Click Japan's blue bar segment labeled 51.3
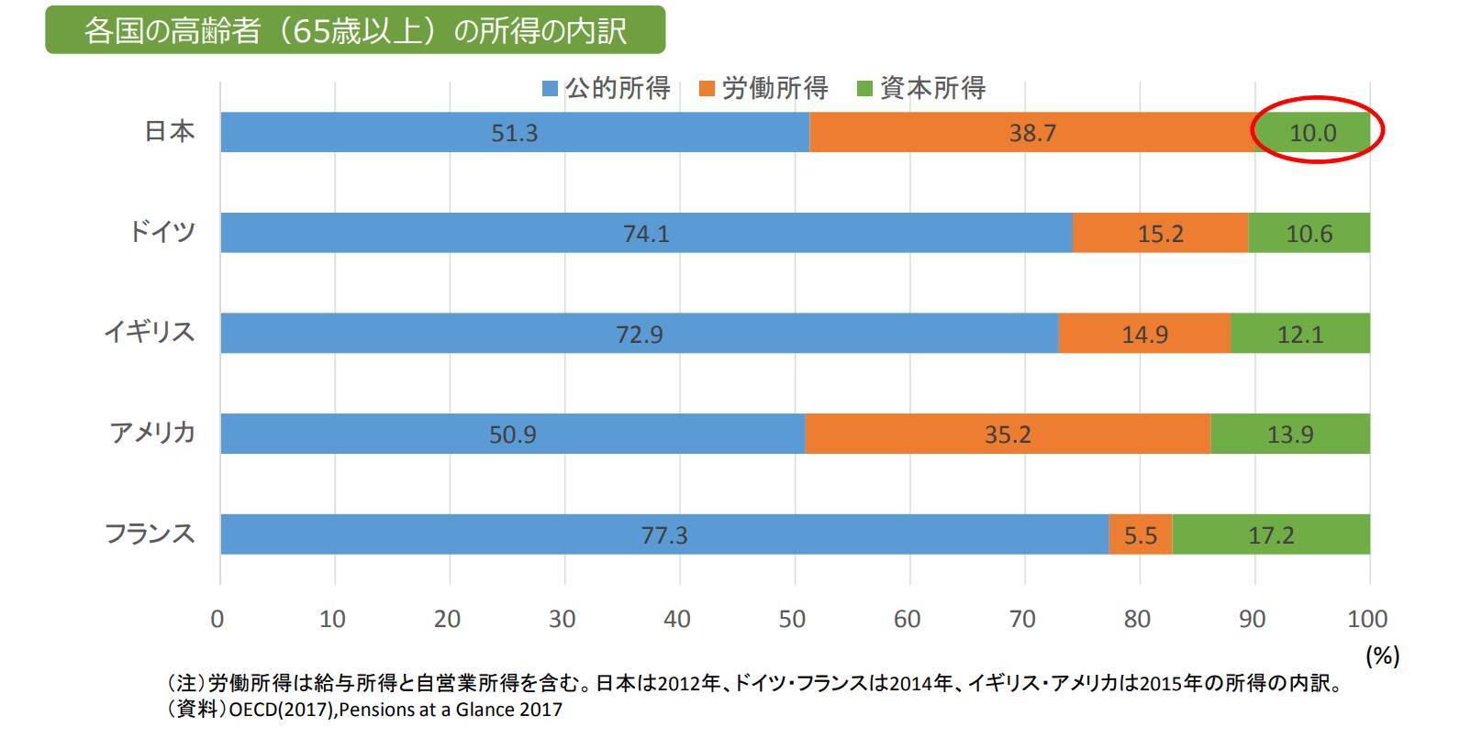(x=514, y=133)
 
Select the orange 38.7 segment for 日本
(x=1032, y=133)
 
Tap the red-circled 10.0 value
(x=1313, y=133)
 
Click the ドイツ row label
(x=161, y=231)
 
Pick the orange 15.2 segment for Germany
(x=1161, y=234)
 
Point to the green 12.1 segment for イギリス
(x=1300, y=334)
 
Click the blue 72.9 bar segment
(x=639, y=334)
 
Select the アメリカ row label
(x=152, y=432)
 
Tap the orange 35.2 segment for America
(x=1008, y=434)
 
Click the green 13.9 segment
(x=1290, y=434)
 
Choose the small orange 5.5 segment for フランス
(x=1141, y=534)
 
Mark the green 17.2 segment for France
(x=1271, y=534)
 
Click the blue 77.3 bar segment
(x=663, y=534)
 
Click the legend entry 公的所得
(x=607, y=89)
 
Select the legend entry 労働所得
(x=764, y=89)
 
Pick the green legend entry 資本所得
(x=922, y=89)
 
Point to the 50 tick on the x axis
(x=792, y=619)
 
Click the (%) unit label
(x=1382, y=655)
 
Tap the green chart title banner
(x=355, y=30)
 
